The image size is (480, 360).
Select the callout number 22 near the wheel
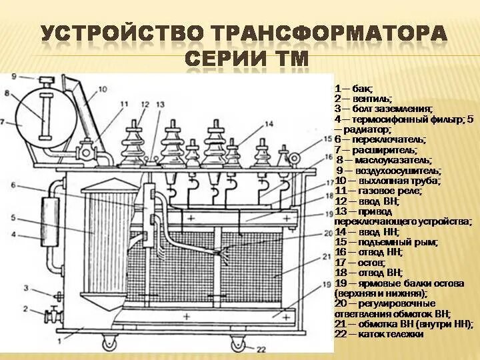261,349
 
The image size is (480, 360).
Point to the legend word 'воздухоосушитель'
390,170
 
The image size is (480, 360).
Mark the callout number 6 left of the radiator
14,185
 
